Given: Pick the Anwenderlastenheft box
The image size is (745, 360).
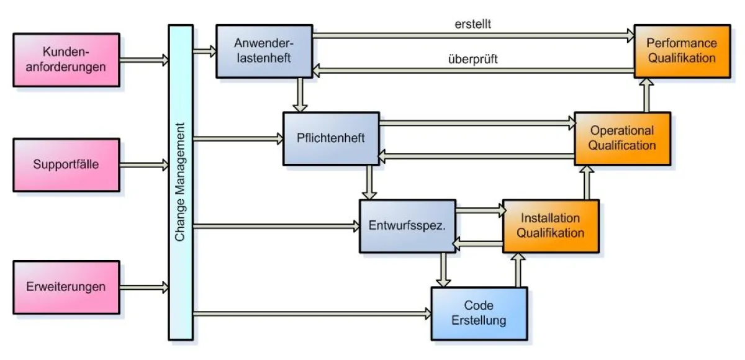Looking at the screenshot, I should pyautogui.click(x=263, y=51).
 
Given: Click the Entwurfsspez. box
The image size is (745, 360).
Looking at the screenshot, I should pyautogui.click(x=408, y=226).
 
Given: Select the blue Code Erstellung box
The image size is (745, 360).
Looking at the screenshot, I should pyautogui.click(x=479, y=313).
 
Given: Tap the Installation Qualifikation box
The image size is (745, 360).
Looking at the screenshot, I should pyautogui.click(x=551, y=226).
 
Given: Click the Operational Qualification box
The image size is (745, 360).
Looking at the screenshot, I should pyautogui.click(x=622, y=138).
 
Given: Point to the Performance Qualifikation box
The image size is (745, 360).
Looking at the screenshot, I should pyautogui.click(x=681, y=51).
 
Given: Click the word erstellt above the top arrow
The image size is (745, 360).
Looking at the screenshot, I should pyautogui.click(x=473, y=25).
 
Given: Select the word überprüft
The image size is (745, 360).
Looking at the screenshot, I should pyautogui.click(x=473, y=60).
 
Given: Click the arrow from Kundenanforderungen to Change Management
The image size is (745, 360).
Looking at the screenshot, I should pyautogui.click(x=144, y=60).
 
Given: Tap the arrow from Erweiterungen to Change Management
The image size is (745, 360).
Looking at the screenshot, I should pyautogui.click(x=144, y=287).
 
